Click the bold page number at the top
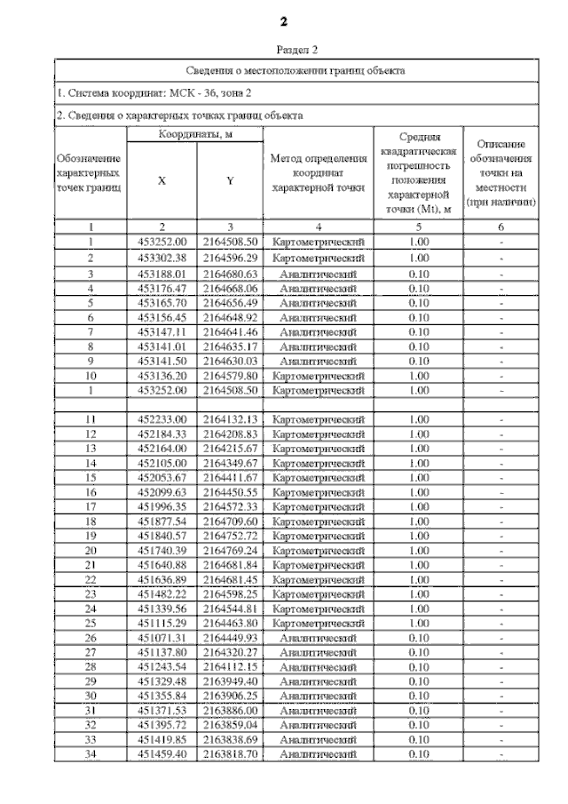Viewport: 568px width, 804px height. tap(284, 20)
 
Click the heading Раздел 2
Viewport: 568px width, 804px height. tap(284, 51)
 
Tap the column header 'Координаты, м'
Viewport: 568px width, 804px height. tap(195, 133)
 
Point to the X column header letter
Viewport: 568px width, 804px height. tap(162, 180)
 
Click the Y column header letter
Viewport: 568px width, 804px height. tap(230, 180)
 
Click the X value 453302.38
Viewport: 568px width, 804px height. tap(162, 258)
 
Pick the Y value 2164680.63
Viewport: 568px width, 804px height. tap(230, 275)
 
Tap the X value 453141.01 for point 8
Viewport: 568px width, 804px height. tap(162, 346)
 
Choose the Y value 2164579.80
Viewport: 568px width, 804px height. tap(230, 376)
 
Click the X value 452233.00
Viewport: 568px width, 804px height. tap(162, 418)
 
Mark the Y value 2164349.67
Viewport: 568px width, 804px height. tap(230, 463)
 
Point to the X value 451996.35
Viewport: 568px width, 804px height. tap(162, 506)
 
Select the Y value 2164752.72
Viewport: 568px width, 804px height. tap(230, 536)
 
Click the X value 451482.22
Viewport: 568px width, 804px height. tap(162, 594)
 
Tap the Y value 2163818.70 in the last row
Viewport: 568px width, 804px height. tap(230, 754)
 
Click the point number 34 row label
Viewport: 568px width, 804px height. tap(91, 754)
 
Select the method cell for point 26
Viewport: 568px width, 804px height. tap(318, 638)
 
